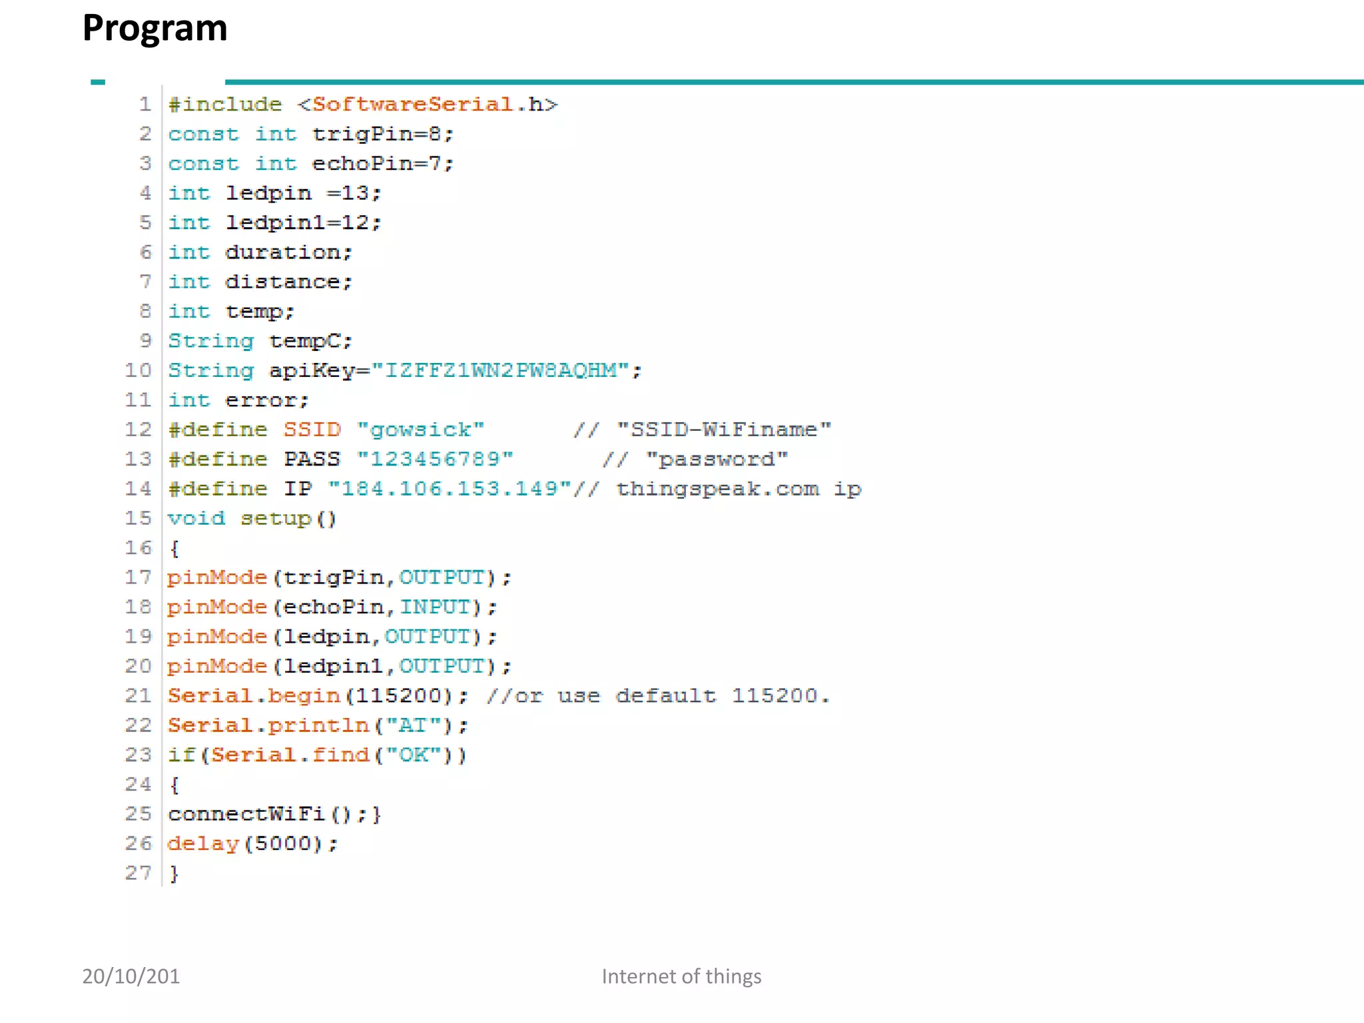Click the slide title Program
point(155,29)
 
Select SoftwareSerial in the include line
point(413,105)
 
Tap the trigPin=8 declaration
point(382,134)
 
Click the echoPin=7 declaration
point(382,164)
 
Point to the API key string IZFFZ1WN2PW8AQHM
point(502,370)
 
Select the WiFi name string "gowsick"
point(420,430)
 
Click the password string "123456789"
point(435,459)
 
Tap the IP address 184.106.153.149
point(450,489)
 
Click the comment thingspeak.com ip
point(738,489)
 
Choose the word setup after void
point(276,518)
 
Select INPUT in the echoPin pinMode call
point(435,607)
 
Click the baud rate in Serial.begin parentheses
point(398,695)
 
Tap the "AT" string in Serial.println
point(413,725)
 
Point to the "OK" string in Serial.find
point(413,755)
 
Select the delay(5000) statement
point(252,843)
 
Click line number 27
point(139,872)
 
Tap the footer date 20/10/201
point(131,976)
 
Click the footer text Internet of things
point(681,976)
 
